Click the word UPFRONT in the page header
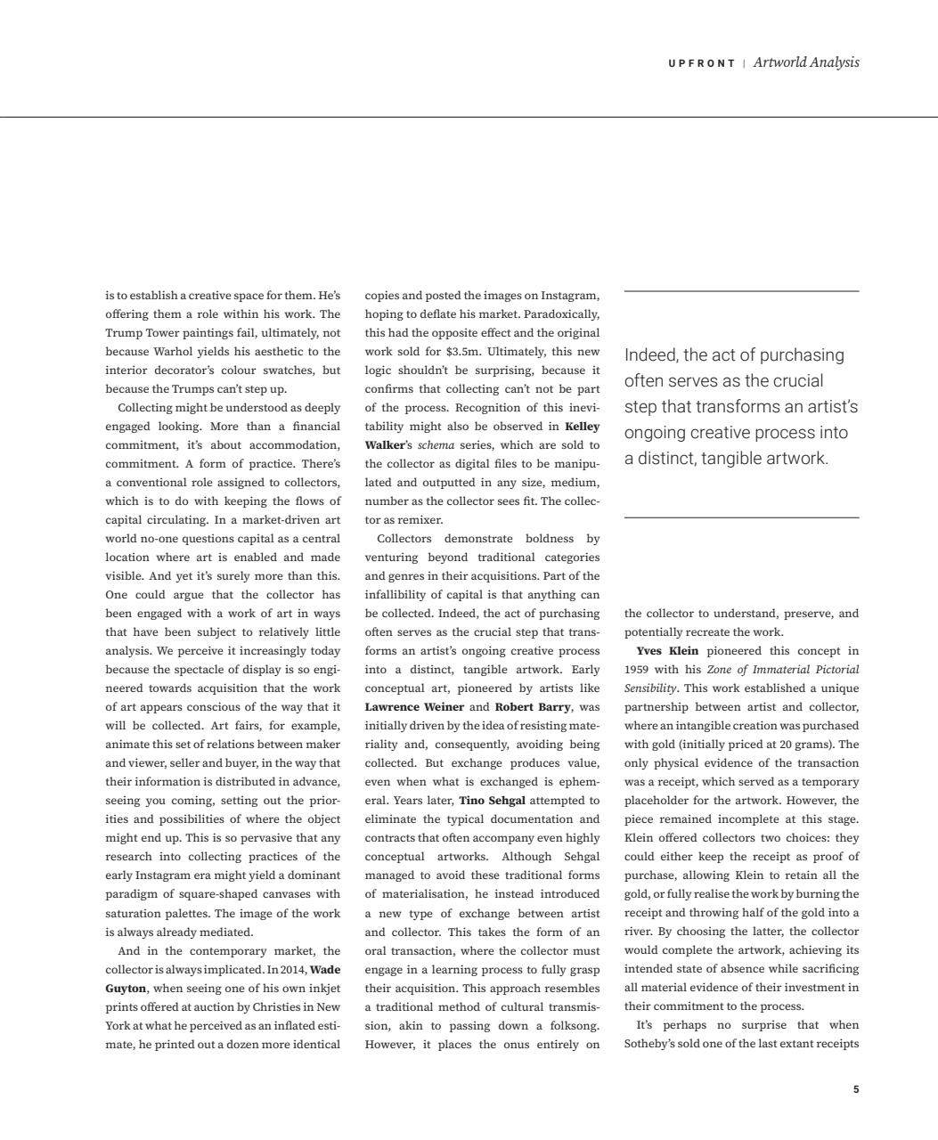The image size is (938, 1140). [x=702, y=63]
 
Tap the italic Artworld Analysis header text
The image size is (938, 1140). [x=806, y=62]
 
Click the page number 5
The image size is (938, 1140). [x=856, y=1089]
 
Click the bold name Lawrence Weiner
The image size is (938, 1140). [x=414, y=707]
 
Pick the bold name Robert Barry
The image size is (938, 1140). [x=533, y=707]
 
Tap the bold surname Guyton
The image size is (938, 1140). [x=126, y=988]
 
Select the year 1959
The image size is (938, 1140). [x=637, y=670]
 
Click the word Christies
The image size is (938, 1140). [x=278, y=1006]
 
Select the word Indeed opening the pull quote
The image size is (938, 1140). [x=650, y=355]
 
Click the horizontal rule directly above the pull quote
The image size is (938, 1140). [x=741, y=291]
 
